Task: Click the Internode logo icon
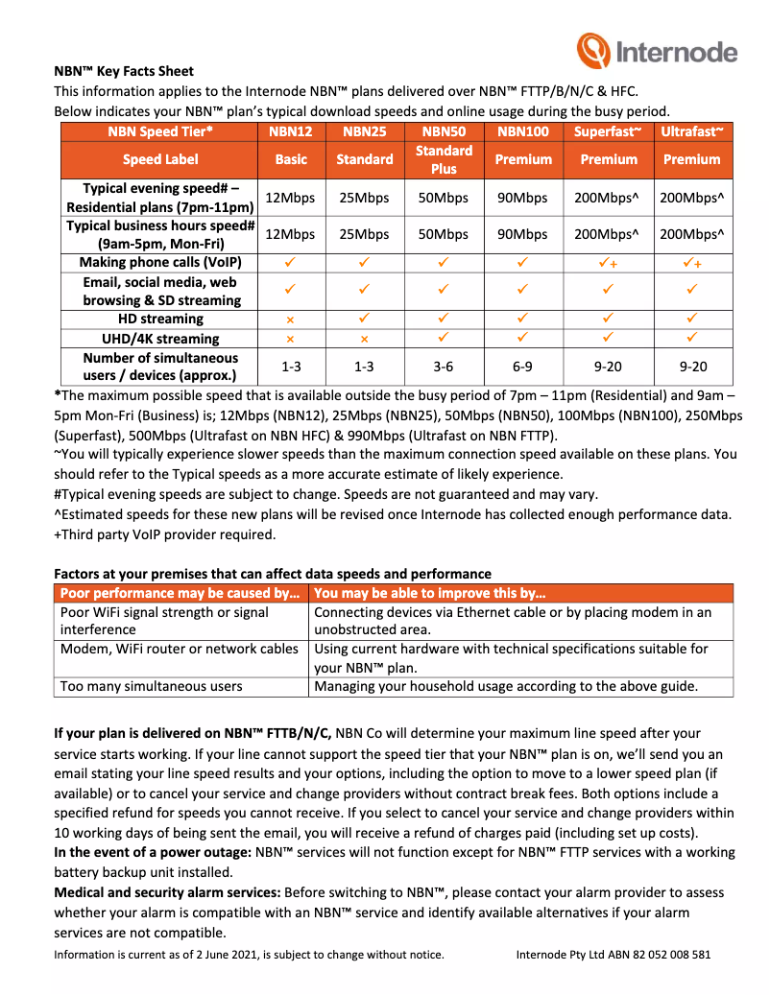591,50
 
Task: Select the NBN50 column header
444,131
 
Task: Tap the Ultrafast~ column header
691,131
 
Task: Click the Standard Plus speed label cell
444,159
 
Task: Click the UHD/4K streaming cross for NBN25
365,339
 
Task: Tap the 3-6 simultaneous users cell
444,367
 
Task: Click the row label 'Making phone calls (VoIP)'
160,262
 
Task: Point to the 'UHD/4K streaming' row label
160,339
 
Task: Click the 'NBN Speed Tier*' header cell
160,131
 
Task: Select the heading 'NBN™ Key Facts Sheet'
124,71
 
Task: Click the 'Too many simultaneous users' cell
152,686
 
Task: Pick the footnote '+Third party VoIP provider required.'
164,534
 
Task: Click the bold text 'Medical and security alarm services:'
167,892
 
